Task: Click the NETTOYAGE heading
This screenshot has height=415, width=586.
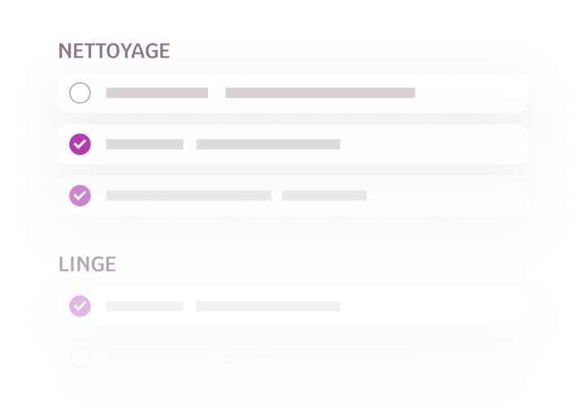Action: point(114,51)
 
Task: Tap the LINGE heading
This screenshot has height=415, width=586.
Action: point(87,264)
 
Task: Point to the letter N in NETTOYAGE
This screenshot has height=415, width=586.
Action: point(65,51)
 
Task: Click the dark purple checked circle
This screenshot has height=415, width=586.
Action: point(80,144)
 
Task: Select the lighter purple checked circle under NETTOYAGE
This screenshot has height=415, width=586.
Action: point(80,196)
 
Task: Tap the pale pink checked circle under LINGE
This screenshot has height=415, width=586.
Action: point(80,306)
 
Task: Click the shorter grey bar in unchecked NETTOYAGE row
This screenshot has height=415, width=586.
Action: point(157,93)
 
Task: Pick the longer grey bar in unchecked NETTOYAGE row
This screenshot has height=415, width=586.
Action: point(320,93)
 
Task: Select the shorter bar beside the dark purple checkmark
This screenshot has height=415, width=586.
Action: point(145,145)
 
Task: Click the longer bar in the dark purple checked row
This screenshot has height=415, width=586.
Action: point(268,145)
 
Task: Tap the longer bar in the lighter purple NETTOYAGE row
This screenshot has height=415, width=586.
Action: point(189,196)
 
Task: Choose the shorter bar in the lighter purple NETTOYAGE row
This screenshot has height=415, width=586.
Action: point(324,196)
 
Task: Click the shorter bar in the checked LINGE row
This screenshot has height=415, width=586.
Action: point(145,306)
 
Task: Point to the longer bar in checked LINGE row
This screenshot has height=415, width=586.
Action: point(268,306)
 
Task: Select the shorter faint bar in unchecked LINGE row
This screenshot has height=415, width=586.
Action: point(157,357)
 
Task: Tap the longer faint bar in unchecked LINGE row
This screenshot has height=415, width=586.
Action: point(320,357)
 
